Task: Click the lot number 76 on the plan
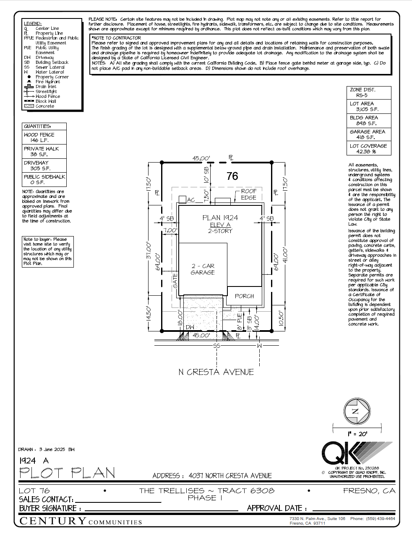(232, 176)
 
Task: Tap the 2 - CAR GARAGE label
(203, 269)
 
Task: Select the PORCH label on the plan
(244, 296)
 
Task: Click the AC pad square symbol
(182, 200)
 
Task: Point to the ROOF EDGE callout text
(248, 194)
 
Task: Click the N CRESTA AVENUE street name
(216, 372)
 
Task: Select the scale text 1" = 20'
(357, 434)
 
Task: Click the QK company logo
(356, 453)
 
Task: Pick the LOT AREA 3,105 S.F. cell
(368, 106)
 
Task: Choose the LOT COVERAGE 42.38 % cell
(368, 149)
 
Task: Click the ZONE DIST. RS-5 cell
(368, 92)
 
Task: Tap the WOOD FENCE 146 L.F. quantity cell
(44, 137)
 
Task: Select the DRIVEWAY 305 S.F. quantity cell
(44, 166)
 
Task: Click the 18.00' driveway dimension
(180, 318)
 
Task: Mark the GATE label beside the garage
(175, 280)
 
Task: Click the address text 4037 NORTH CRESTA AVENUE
(230, 476)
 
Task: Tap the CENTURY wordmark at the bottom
(53, 521)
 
